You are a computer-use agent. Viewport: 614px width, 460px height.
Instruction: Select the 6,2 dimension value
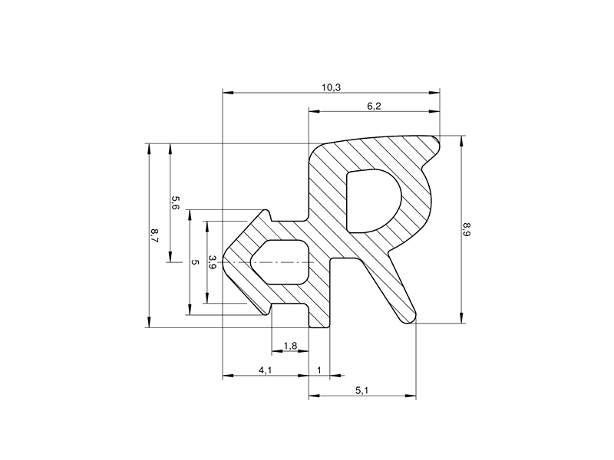pos(374,107)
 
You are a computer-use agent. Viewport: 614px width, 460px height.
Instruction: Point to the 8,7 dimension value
pos(155,235)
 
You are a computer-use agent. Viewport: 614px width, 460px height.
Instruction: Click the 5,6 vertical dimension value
pos(175,203)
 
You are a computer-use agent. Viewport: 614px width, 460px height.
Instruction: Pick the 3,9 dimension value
pos(213,261)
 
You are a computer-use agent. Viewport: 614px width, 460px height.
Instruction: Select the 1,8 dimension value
pos(290,346)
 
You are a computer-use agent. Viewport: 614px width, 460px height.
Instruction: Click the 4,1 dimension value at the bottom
pos(265,370)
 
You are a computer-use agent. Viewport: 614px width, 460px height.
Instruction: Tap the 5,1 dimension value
pos(362,391)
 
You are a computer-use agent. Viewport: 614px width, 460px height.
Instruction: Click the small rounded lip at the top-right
pos(437,142)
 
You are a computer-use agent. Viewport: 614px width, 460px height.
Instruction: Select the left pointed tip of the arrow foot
pos(225,262)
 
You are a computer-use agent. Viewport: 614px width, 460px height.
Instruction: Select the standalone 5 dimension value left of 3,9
pos(195,262)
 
